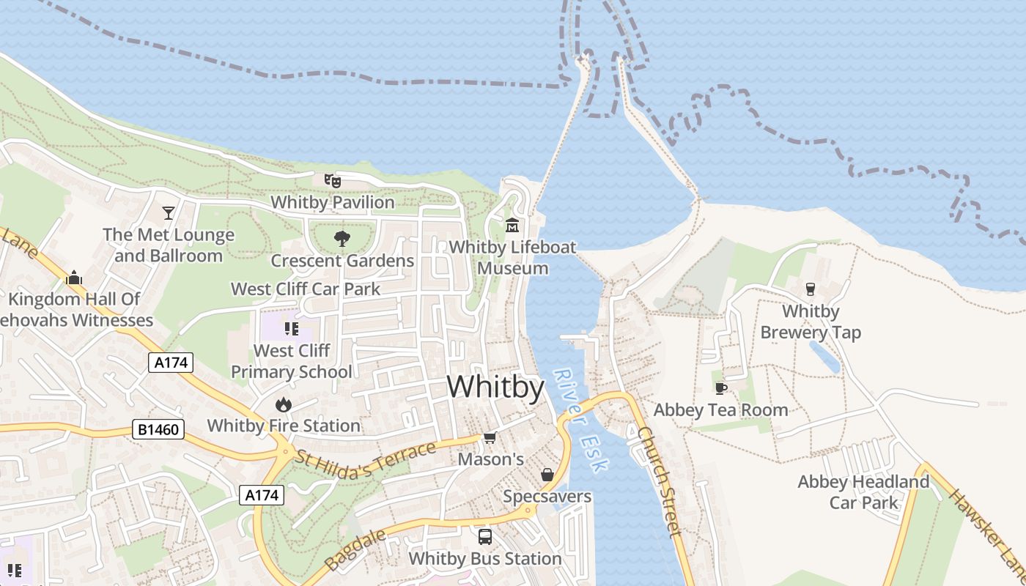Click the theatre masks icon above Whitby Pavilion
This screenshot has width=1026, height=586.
[x=333, y=180]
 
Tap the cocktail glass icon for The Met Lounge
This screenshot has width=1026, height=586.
[x=169, y=212]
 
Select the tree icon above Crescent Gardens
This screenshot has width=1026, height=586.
[x=342, y=239]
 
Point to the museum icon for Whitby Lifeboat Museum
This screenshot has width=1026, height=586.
[x=512, y=225]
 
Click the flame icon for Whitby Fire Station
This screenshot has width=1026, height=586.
[x=283, y=404]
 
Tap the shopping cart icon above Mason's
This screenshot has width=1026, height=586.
[x=490, y=437]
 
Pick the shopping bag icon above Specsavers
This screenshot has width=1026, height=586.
[x=547, y=475]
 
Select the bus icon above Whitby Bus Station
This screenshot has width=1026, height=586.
[x=484, y=537]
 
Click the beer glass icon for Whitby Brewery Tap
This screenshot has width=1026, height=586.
[x=810, y=289]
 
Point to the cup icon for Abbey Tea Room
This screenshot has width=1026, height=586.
[x=720, y=388]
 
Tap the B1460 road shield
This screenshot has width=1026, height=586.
[x=158, y=429]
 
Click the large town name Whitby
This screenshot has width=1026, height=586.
[x=495, y=387]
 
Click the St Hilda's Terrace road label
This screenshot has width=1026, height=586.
[x=366, y=456]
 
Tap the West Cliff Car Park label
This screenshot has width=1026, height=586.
[x=306, y=289]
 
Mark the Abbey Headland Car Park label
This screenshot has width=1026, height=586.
[x=863, y=492]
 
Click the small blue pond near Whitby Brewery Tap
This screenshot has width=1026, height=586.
[x=825, y=357]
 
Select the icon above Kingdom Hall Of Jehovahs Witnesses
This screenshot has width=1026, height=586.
[x=73, y=278]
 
